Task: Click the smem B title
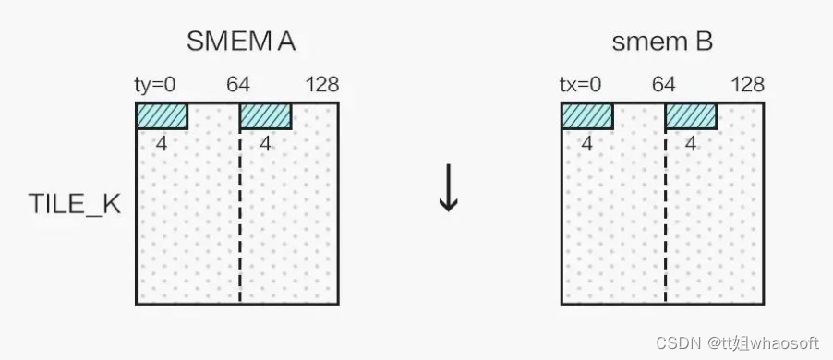coord(662,42)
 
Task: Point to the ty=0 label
coord(155,86)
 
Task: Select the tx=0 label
coord(581,86)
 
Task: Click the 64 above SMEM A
coord(239,86)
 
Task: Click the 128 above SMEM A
coord(321,86)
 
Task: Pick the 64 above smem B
coord(664,86)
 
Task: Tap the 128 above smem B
coord(747,86)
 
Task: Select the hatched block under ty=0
coord(162,115)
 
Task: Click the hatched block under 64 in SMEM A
coord(265,115)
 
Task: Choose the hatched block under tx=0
coord(586,115)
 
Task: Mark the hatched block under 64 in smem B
coord(691,115)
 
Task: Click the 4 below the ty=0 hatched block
coord(162,143)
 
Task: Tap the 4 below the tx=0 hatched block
coord(586,143)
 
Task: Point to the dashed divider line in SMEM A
coord(240,222)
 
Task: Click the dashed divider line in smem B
coord(665,222)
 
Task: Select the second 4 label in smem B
coord(690,143)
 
